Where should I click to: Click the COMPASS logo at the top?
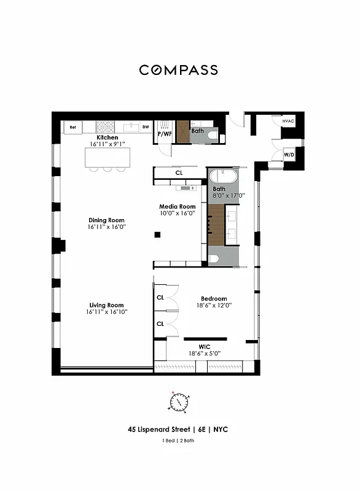coord(179,70)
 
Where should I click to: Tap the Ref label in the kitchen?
coord(72,128)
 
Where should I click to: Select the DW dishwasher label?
coord(146,128)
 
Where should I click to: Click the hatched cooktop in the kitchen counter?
coord(104,128)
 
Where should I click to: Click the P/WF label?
coord(165,133)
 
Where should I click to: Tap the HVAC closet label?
coord(288,122)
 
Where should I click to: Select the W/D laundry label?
coord(289,155)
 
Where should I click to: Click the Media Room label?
coord(178,207)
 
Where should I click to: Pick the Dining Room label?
coord(107,220)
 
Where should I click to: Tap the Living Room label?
coord(107,305)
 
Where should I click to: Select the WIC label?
coord(205,347)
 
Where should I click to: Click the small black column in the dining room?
coord(157,234)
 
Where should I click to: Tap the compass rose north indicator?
coord(174,393)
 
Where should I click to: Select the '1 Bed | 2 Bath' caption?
coord(179,441)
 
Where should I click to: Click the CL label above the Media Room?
coord(179,173)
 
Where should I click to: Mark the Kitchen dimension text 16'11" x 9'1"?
coord(108,144)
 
